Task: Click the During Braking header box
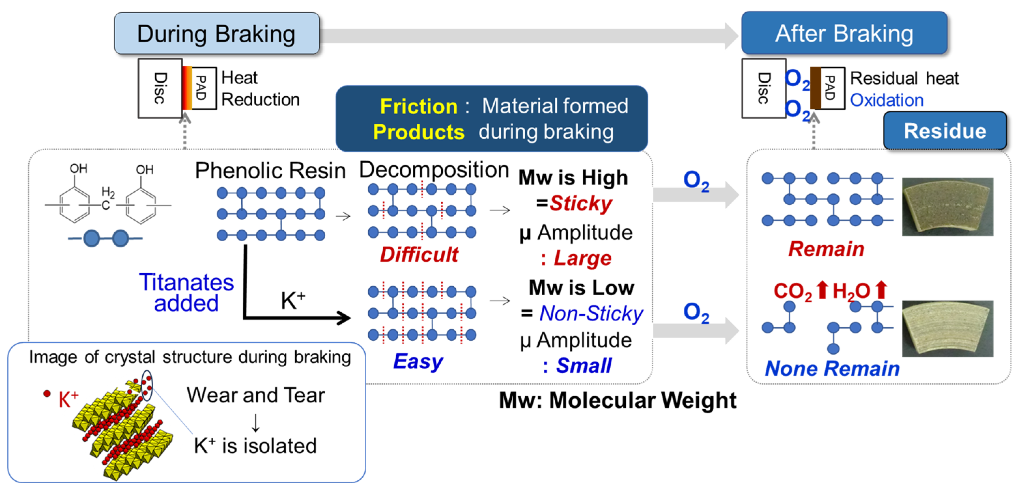point(216,33)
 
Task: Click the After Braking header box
point(844,33)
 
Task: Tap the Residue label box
point(945,131)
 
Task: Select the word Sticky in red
point(581,204)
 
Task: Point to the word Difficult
point(419,254)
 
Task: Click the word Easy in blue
point(418,361)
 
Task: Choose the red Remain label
point(826,249)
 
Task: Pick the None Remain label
point(832,368)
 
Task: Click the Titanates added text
point(186,293)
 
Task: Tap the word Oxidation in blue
point(886,100)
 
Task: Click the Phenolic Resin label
point(270,171)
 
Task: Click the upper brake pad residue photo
point(948,206)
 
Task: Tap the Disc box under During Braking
point(160,88)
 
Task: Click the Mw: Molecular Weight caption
point(617,400)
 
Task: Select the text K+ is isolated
point(255,446)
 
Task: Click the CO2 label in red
point(792,291)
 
